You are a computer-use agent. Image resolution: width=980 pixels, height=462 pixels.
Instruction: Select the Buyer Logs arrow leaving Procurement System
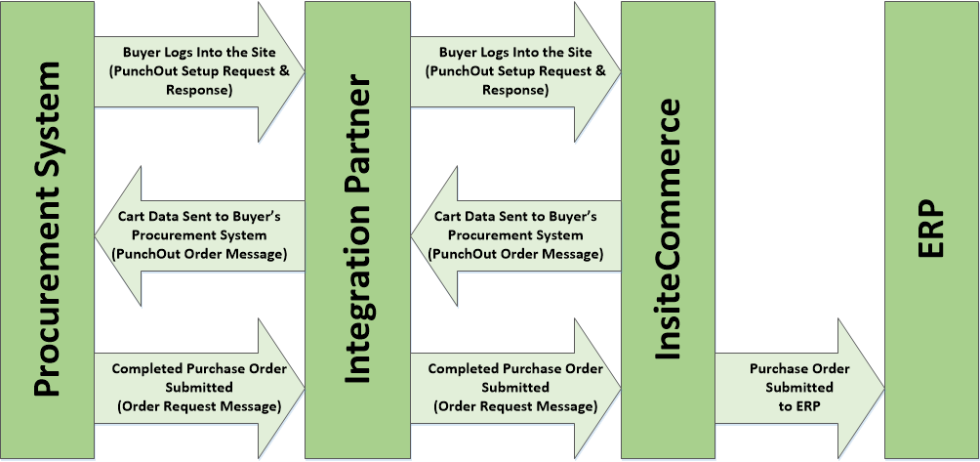195,71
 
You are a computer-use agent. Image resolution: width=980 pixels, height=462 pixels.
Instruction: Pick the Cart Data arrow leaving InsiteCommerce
517,234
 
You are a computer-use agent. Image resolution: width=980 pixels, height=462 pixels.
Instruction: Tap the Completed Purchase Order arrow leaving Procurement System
195,387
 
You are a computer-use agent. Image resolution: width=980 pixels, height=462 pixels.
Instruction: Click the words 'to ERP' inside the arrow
799,404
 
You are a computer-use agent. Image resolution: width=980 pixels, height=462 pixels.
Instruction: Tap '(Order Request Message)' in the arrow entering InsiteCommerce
515,405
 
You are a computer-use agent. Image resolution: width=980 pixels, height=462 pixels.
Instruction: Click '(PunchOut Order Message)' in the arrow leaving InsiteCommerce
515,253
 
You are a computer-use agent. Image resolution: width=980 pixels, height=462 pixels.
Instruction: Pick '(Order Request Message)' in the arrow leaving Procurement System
199,405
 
